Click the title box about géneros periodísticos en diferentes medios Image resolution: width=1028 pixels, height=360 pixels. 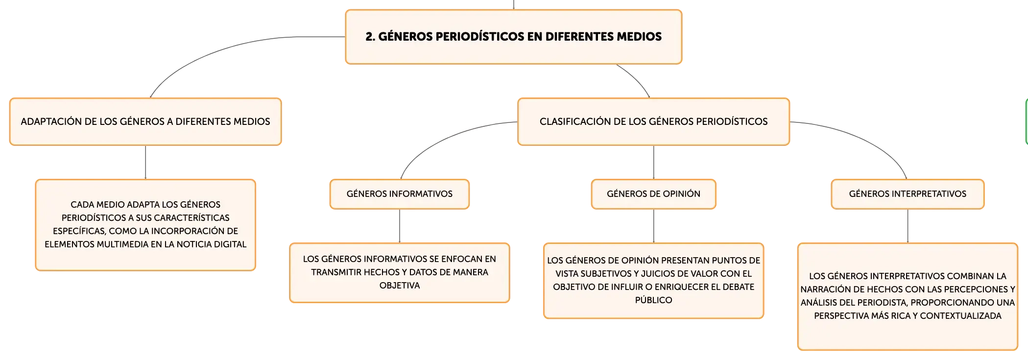[513, 37]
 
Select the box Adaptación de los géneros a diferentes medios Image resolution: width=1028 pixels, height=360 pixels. [145, 121]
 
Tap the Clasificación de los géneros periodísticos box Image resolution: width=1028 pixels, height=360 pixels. [653, 121]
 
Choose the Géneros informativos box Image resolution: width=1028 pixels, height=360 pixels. [400, 194]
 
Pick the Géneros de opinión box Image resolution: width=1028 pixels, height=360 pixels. [653, 194]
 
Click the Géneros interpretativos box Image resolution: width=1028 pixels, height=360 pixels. [908, 194]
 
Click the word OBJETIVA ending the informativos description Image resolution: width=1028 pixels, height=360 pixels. [400, 285]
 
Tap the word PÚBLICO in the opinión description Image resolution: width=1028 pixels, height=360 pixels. [653, 300]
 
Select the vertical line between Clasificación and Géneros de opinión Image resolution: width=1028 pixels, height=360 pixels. [653, 162]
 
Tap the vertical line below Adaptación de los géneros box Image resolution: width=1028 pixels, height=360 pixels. [145, 162]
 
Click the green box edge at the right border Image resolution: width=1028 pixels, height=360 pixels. [1027, 121]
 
